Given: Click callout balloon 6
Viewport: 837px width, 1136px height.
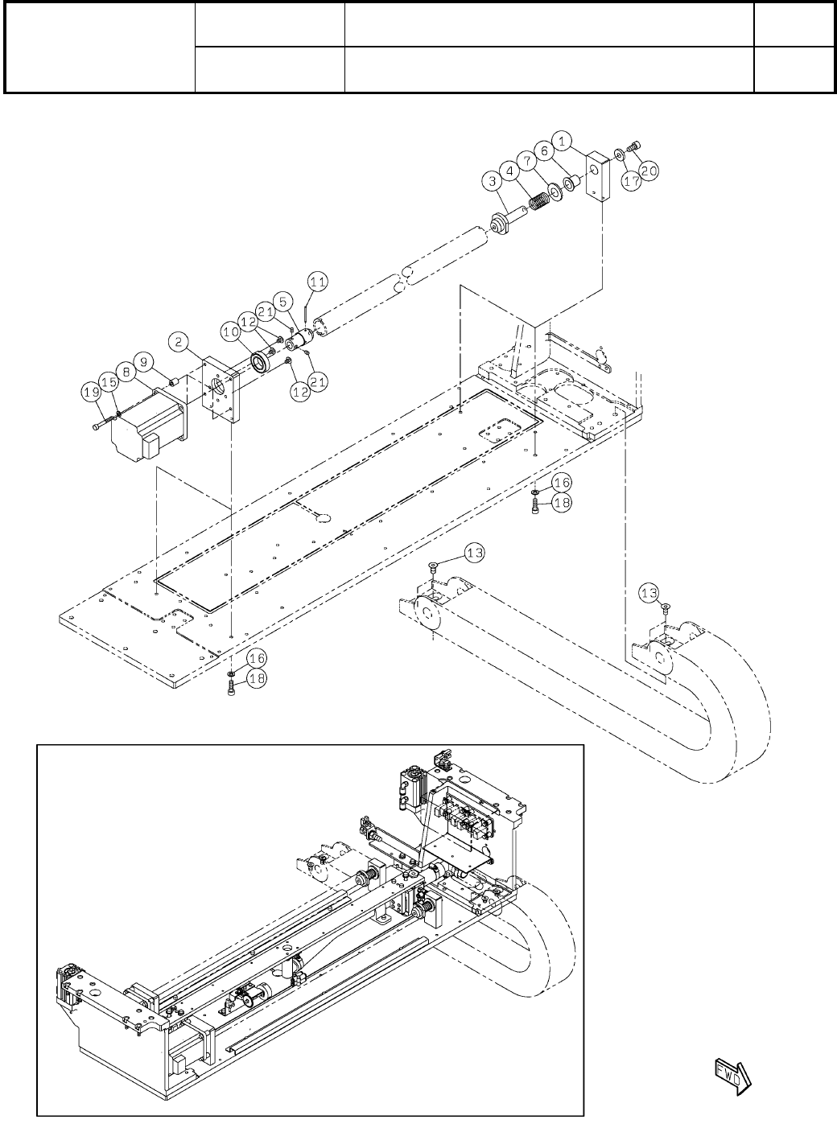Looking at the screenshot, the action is tap(545, 150).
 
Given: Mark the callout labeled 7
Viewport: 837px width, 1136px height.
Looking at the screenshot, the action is tap(527, 160).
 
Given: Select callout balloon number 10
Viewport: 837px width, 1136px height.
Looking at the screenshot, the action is tap(231, 331).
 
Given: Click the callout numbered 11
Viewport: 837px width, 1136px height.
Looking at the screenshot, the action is tap(318, 281).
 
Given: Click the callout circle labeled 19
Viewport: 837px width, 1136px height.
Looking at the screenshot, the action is tap(90, 392).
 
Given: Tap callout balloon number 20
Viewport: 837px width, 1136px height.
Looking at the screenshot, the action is tap(649, 171).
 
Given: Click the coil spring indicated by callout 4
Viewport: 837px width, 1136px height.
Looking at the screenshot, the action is tap(537, 196).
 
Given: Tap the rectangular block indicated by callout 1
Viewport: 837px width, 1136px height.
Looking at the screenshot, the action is tap(596, 177).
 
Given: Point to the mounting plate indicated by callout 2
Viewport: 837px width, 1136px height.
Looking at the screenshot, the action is tap(221, 388).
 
